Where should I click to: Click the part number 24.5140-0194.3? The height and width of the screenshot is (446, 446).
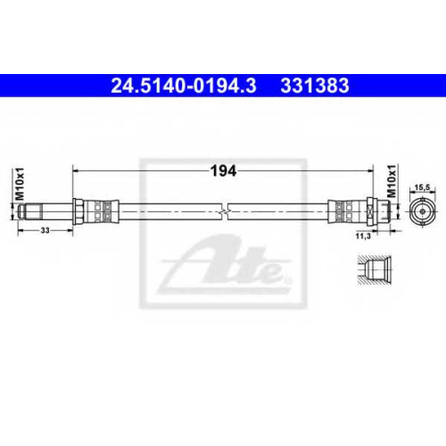coord(184,86)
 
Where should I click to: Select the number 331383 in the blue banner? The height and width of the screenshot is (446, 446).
coord(315,86)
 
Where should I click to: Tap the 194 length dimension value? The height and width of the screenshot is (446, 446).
coord(223,171)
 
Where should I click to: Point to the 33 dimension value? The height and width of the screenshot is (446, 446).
coord(45,230)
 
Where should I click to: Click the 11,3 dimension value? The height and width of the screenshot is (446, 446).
coord(363,236)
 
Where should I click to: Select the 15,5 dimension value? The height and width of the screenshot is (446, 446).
coord(422,187)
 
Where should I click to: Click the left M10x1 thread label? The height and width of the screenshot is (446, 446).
coord(20,184)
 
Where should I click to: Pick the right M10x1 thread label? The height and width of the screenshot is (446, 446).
coord(392,181)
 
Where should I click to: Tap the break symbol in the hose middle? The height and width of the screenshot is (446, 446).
coord(225,211)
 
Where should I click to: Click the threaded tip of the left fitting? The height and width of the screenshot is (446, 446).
coord(29,211)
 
